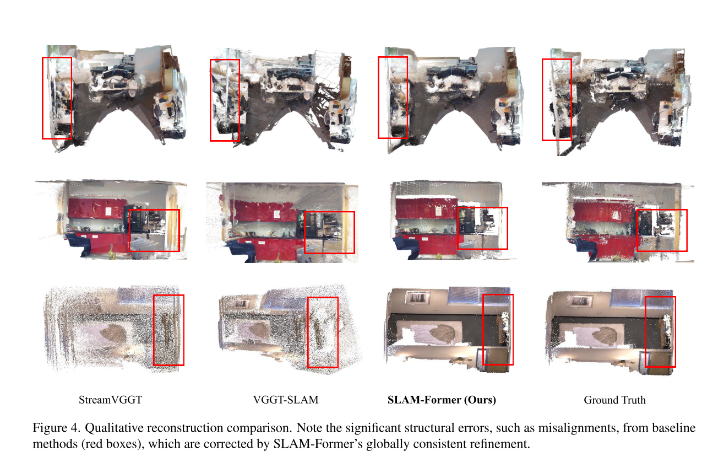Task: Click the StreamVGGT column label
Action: click(110, 400)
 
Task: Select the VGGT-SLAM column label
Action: click(286, 400)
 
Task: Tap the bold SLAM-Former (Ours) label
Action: click(442, 400)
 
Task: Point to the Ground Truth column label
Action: click(614, 400)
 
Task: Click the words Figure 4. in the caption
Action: click(55, 428)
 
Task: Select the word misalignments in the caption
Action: click(577, 428)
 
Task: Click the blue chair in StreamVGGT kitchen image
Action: click(79, 243)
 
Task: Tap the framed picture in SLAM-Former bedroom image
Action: click(417, 298)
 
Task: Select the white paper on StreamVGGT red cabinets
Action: click(108, 211)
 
